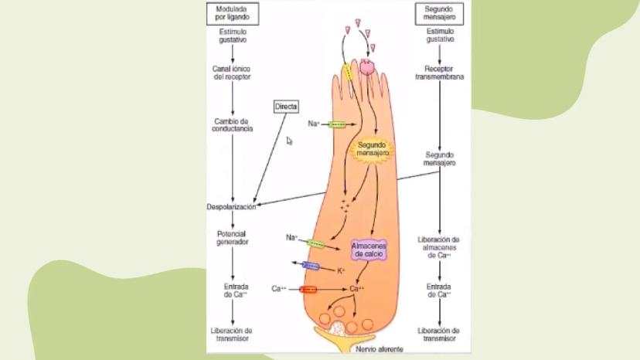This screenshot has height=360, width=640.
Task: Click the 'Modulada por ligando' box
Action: tap(233, 12)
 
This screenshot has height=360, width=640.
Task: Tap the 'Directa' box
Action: tap(286, 106)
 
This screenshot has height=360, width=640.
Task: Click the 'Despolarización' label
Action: tap(231, 207)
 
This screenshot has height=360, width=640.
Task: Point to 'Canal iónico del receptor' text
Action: tap(232, 73)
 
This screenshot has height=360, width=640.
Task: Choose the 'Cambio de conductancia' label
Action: tap(233, 125)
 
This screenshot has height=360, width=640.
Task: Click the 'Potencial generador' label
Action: tap(233, 237)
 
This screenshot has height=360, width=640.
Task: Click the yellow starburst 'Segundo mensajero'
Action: tap(372, 149)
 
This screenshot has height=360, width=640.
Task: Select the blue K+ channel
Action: tap(311, 267)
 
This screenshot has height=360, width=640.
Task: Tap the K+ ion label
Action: tap(341, 271)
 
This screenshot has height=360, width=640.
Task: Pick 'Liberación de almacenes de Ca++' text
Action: tap(439, 246)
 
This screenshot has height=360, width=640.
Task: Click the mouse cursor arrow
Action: tap(289, 141)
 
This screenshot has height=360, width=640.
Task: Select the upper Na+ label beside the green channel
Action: tap(313, 124)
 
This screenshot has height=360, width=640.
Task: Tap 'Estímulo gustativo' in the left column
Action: tap(233, 36)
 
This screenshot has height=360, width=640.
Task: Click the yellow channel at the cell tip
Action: tap(348, 72)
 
